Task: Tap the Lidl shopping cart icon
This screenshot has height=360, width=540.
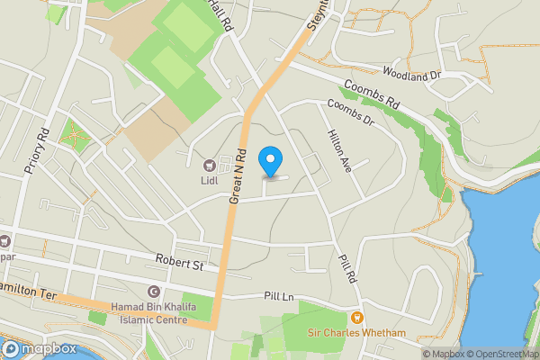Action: (210, 165)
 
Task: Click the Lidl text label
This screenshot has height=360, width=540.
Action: (210, 179)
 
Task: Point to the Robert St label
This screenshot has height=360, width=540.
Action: (178, 265)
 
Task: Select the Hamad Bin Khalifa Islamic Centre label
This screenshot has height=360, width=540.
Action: (149, 313)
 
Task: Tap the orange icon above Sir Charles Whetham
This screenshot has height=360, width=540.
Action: (357, 317)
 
